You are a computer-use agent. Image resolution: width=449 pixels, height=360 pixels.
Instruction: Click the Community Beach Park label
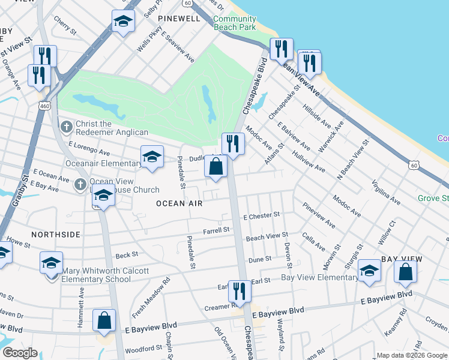coord(234,23)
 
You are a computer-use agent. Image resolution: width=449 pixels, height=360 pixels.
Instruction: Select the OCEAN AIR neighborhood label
coord(179,203)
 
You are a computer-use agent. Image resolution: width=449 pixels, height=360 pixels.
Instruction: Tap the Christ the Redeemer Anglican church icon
coord(66,127)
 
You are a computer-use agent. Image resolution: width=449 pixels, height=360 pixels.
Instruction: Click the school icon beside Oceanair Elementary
coord(152,158)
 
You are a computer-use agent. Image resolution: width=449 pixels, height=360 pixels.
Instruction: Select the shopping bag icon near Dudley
coord(215,166)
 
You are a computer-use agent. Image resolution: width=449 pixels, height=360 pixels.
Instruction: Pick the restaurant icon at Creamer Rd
coord(240,292)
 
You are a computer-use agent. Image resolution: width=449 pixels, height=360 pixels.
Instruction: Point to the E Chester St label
coord(261,215)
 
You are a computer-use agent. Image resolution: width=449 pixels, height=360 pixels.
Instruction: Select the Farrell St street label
coord(217,230)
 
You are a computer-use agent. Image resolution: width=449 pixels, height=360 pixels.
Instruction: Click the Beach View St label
coord(267,238)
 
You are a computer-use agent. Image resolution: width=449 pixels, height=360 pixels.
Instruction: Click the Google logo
coord(20,353)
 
